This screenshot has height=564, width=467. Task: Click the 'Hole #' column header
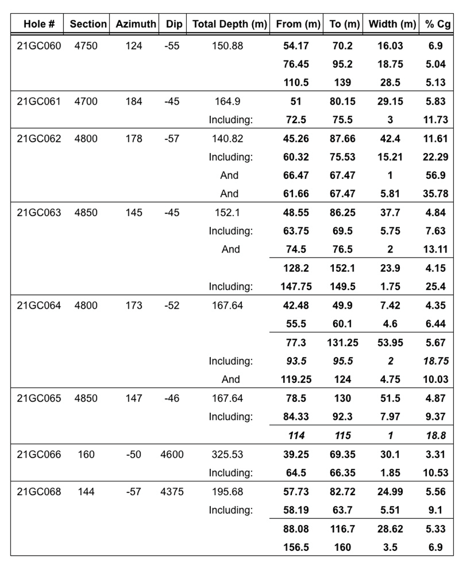[x=39, y=24]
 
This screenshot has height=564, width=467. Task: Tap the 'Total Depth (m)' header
[x=230, y=24]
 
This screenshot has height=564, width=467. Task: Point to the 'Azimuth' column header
[x=135, y=24]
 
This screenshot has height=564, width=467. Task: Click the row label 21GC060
[x=39, y=46]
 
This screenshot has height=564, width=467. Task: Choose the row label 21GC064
[x=39, y=305]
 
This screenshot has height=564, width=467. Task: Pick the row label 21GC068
[x=39, y=491]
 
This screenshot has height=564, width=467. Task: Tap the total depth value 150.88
[x=227, y=46]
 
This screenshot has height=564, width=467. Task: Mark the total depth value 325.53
[x=227, y=455]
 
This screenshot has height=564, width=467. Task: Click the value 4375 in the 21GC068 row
[x=172, y=491]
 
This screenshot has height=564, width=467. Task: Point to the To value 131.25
[x=343, y=343]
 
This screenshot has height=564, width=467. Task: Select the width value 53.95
[x=390, y=343]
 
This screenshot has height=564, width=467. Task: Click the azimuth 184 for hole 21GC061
[x=134, y=101]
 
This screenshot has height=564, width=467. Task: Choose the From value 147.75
[x=296, y=287]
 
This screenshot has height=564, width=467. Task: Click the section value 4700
[x=86, y=101]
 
